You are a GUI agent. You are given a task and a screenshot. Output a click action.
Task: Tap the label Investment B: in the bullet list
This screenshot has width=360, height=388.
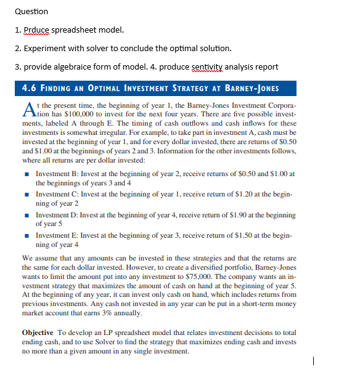tap(60, 158)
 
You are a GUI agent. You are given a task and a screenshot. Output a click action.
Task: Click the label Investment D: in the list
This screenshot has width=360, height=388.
tap(60, 216)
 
